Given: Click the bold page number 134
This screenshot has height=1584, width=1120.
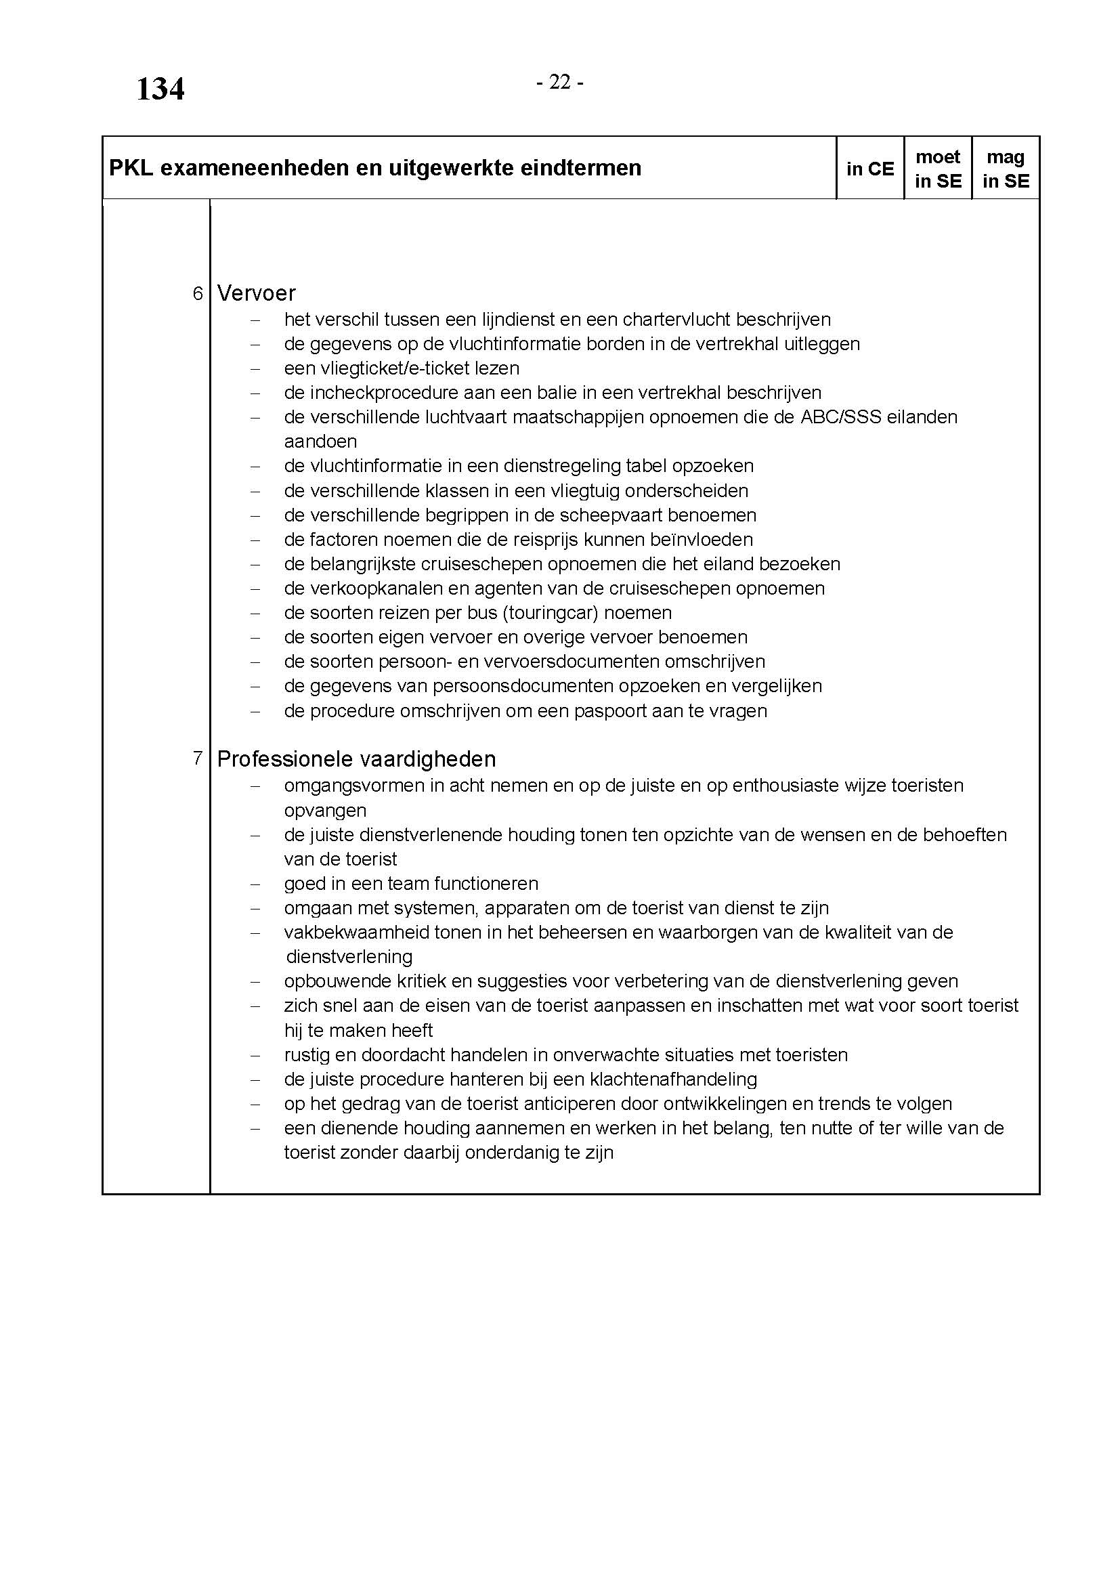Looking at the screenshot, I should coord(160,89).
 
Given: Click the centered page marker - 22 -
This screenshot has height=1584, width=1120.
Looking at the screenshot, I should coord(560,83).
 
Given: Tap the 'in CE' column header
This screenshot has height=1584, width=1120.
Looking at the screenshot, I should coord(869,169).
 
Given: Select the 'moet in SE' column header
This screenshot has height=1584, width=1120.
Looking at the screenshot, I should coord(937,169).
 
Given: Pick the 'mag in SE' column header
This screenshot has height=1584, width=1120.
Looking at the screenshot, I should coord(1006,169).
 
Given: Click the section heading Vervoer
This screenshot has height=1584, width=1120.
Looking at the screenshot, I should coord(256,293).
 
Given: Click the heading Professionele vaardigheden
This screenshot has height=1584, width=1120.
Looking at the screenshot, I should coord(356,760).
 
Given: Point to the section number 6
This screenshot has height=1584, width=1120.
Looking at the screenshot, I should coord(198,294).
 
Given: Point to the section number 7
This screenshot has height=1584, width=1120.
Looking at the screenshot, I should coord(198,759).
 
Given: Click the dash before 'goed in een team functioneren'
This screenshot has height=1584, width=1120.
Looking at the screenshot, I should coord(255,884).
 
